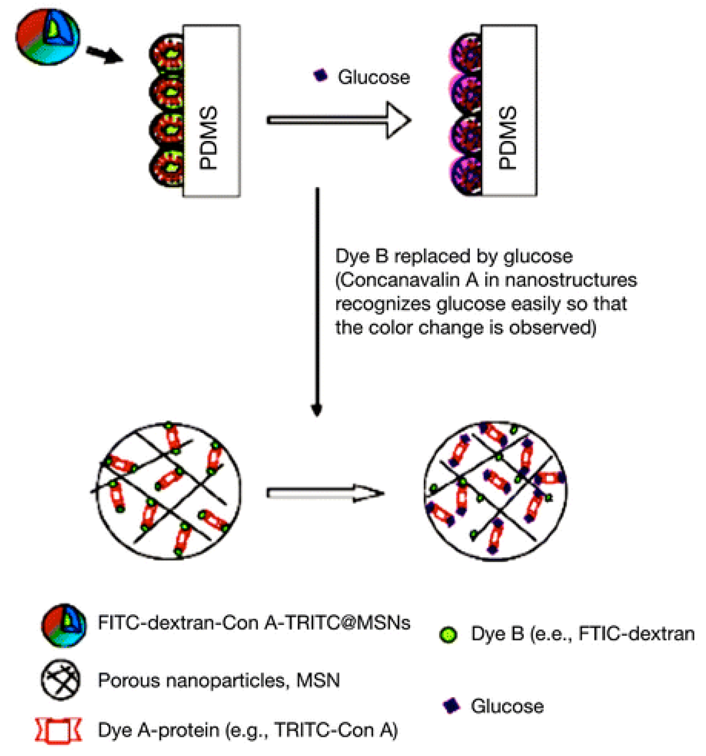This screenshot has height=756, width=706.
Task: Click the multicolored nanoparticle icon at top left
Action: [48, 37]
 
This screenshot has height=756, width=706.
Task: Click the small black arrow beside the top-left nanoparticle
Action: [104, 55]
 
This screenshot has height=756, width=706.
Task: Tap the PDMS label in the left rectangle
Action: [208, 137]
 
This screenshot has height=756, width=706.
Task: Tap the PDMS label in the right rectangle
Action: [507, 137]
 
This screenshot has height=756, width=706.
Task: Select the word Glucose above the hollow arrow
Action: [374, 77]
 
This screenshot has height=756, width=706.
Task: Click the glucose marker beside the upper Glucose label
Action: [321, 75]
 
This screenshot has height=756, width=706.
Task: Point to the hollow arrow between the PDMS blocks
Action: [339, 120]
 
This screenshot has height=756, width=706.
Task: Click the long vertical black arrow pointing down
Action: [317, 302]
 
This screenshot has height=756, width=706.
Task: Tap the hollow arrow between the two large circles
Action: [325, 493]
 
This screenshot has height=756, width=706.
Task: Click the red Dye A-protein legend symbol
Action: [59, 730]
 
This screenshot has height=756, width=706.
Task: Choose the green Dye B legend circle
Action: [449, 635]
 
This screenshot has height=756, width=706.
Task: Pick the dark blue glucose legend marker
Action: [451, 705]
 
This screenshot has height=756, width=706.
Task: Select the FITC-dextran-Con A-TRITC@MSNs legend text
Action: [254, 623]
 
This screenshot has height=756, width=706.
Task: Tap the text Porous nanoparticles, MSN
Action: [219, 680]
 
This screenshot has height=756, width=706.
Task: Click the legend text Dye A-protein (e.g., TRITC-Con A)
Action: [248, 730]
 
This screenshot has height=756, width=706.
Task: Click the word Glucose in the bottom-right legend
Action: [507, 706]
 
